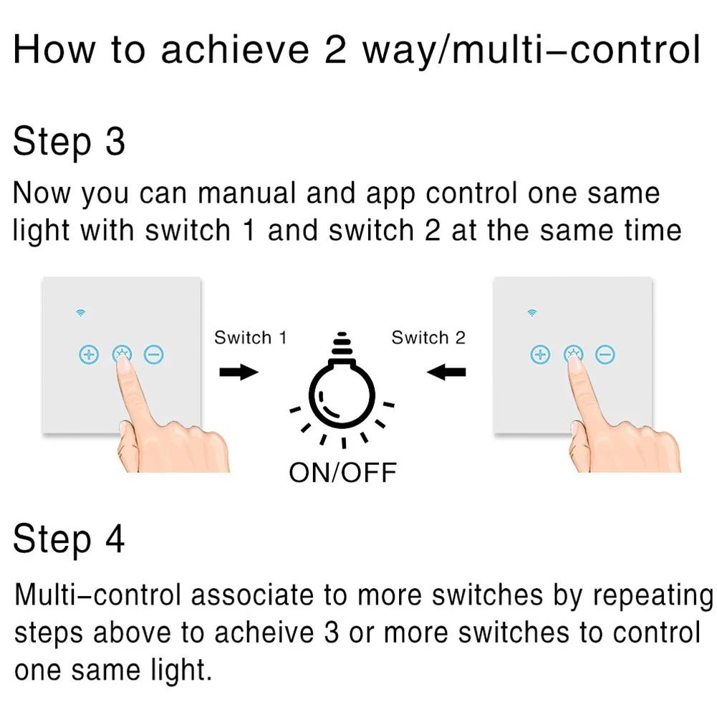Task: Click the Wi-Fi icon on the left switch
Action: point(80,312)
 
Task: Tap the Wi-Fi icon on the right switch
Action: point(531,312)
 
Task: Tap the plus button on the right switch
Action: point(539,354)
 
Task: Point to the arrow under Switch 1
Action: point(238,372)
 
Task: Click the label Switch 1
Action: point(250,338)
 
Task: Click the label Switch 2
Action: point(428,338)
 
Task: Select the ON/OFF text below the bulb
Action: point(342,472)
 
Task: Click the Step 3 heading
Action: point(69,141)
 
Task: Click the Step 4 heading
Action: point(69,539)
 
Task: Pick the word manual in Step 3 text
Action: point(236,194)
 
